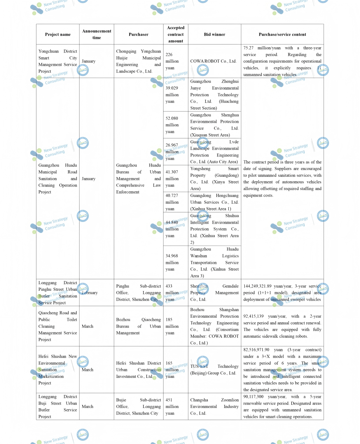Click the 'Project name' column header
(58, 34)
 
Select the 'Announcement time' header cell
(97, 34)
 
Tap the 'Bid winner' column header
(214, 34)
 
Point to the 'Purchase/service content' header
(282, 34)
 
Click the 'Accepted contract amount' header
(175, 34)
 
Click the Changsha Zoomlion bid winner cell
(214, 406)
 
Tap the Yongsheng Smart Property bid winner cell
(214, 178)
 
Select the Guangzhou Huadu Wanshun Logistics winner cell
(214, 262)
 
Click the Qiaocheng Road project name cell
(58, 326)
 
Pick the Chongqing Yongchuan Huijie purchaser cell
(138, 61)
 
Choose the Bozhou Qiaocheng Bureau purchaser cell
(138, 326)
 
